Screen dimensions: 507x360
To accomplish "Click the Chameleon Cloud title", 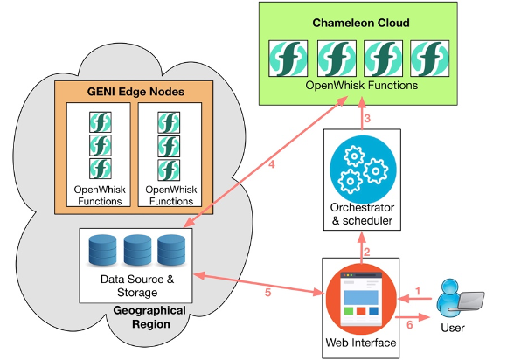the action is point(361,23).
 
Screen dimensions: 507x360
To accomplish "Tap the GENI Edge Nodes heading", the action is point(135,92).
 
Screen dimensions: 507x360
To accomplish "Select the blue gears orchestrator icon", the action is point(363,170).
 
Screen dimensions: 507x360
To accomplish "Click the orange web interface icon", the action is point(361,299).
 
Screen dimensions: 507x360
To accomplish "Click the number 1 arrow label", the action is point(418,291).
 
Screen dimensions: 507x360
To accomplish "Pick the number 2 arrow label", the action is point(366,252).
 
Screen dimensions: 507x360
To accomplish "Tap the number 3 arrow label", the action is point(367,119).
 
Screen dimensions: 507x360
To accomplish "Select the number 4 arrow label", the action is point(272,164).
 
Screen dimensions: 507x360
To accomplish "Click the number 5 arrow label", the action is point(267,293).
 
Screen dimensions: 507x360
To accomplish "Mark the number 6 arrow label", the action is point(410,324).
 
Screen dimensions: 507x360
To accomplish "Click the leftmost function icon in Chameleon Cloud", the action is point(288,59).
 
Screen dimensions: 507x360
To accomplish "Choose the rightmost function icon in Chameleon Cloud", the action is point(429,59).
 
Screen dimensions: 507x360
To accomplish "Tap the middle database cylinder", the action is point(137,250).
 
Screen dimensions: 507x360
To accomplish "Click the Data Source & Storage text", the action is point(137,286).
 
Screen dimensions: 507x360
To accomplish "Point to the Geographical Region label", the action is point(149,317).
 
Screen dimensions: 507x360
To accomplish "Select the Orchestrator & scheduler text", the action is point(362,214).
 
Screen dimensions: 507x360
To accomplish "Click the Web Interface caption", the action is point(361,343).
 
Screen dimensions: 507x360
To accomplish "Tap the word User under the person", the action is point(453,328).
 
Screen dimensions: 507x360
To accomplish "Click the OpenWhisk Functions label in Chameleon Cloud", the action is point(362,86).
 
